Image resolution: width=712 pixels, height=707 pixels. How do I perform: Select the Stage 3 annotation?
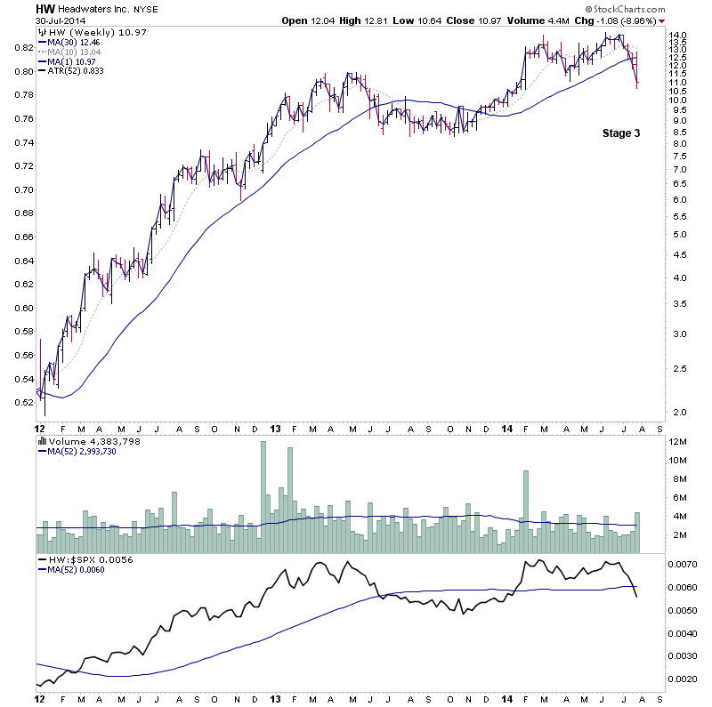pos(620,133)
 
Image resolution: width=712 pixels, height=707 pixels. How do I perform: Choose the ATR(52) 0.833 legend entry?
pos(76,72)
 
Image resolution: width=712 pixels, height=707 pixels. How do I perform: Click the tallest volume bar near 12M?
pos(263,489)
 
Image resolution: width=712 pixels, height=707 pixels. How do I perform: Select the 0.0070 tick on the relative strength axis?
pos(684,565)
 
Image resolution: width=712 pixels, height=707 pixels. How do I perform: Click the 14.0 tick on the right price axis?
pos(679,36)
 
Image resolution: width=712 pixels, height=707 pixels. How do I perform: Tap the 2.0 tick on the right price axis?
pos(679,412)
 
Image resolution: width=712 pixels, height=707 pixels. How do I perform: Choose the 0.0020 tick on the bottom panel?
pos(684,679)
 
